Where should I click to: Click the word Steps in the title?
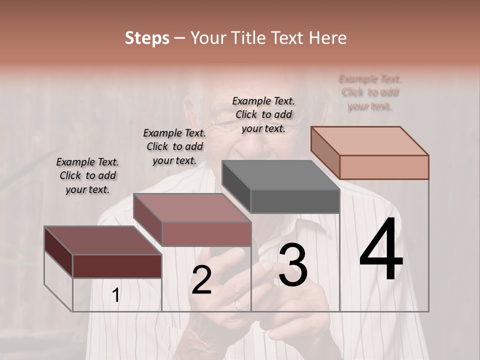(147, 38)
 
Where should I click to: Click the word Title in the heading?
(246, 38)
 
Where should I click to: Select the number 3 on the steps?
(293, 265)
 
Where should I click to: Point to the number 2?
(201, 280)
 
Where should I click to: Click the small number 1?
(115, 295)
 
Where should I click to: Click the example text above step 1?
(87, 175)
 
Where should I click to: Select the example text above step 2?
(174, 146)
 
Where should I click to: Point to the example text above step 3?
(263, 114)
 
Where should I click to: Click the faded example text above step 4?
(370, 92)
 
